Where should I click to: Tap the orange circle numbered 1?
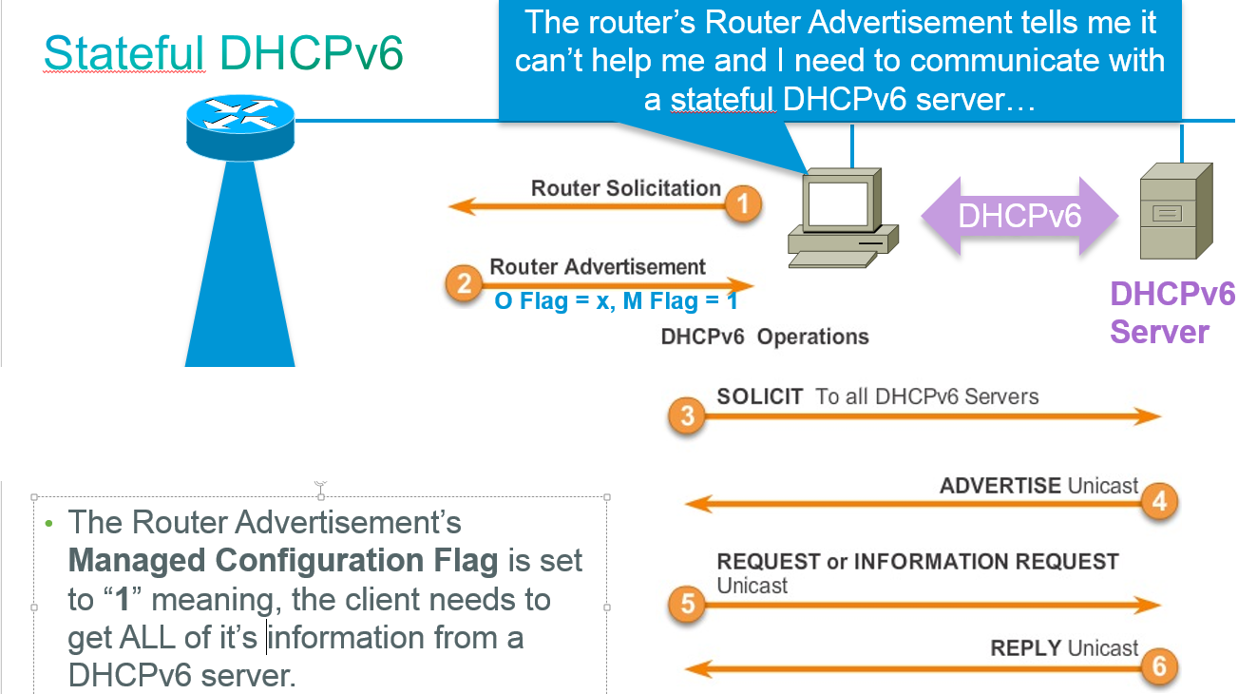pos(743,202)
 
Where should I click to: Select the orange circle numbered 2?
pos(465,283)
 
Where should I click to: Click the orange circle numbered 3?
pos(687,415)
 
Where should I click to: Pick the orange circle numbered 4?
pos(1159,500)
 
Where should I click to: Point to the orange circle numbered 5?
pos(687,605)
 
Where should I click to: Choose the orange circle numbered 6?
pos(1159,666)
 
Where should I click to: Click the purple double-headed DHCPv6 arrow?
pos(1019,216)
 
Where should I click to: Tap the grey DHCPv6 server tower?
pos(1175,212)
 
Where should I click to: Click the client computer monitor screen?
pos(838,202)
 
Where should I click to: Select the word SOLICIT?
pos(760,396)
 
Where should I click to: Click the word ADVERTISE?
pos(1000,486)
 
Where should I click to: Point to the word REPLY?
pos(1025,648)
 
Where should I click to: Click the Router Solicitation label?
pos(625,188)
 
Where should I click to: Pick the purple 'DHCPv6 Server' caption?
pos(1172,313)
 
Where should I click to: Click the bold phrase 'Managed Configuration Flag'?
pos(283,561)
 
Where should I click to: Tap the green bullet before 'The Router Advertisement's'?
pos(48,524)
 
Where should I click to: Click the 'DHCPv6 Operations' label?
pos(765,337)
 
